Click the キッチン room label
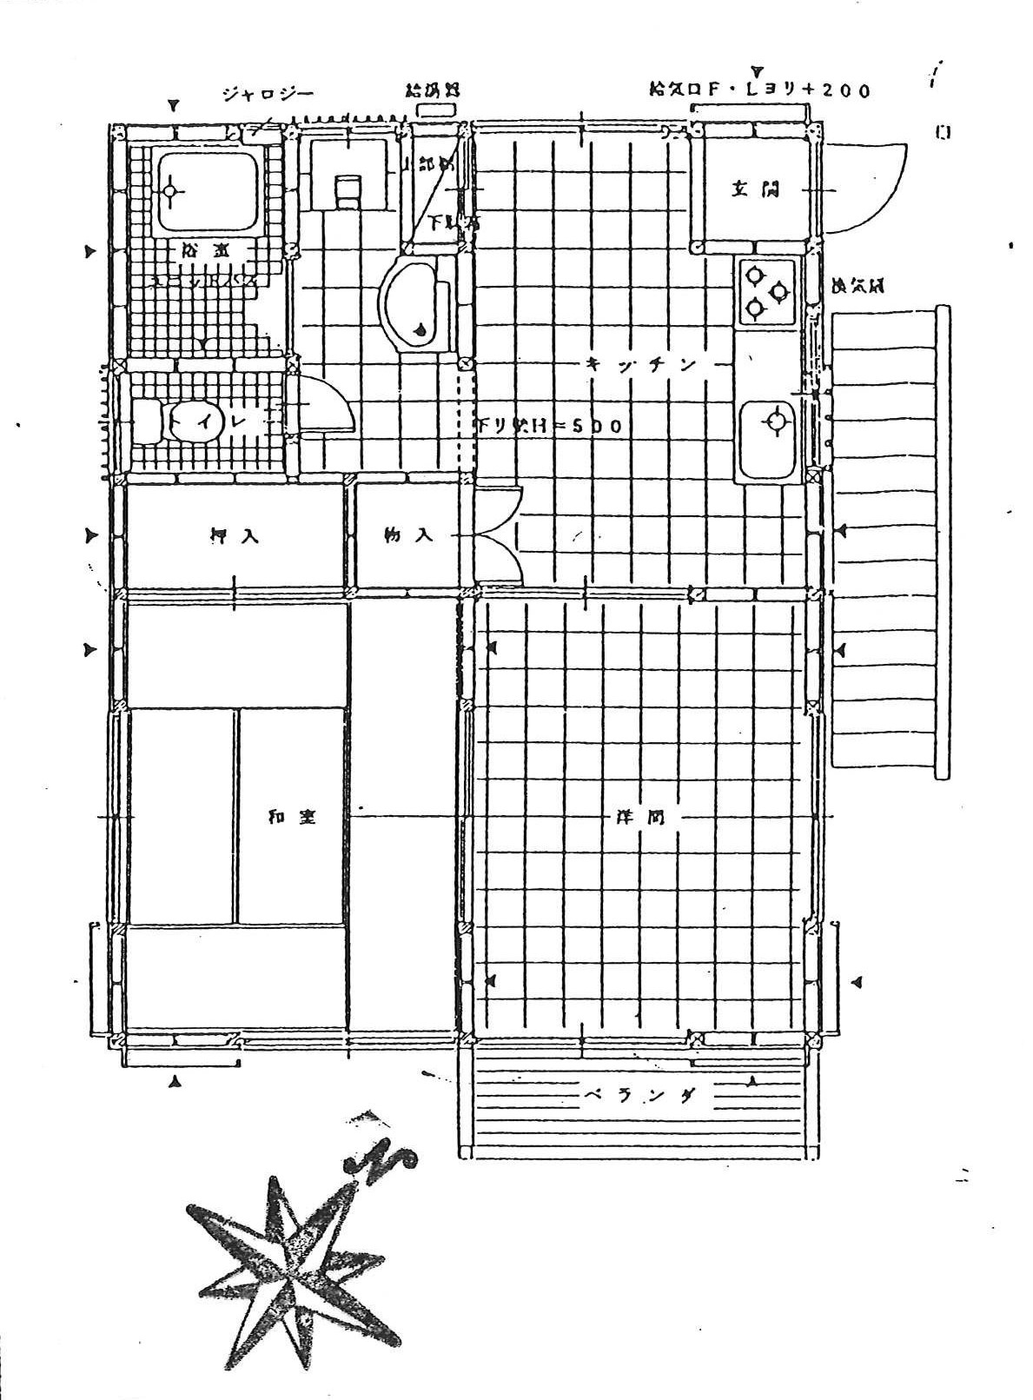tap(641, 365)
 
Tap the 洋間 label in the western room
tap(641, 818)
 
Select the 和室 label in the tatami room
tap(292, 818)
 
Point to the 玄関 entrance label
tap(754, 189)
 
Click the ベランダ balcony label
tap(639, 1097)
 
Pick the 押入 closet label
tap(235, 536)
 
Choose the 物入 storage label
tap(408, 535)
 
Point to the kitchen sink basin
tap(769, 423)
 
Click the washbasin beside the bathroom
tap(415, 300)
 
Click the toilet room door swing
tap(326, 406)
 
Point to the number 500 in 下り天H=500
tap(599, 427)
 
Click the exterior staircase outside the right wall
tap(886, 539)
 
